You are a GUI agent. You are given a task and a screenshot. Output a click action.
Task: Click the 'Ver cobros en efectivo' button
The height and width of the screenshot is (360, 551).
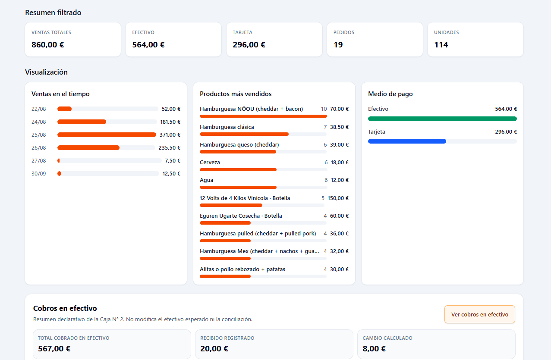click(x=479, y=314)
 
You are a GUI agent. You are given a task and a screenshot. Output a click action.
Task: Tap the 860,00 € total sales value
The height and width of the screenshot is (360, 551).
click(x=48, y=45)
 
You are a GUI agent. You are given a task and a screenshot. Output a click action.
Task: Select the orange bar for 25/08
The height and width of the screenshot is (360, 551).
click(x=107, y=135)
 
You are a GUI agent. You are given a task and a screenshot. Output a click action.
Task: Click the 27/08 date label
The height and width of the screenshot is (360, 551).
click(x=39, y=161)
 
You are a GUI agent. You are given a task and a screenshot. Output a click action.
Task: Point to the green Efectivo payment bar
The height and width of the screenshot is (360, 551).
click(x=442, y=119)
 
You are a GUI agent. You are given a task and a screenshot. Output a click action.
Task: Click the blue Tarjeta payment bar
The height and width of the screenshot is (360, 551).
click(x=407, y=141)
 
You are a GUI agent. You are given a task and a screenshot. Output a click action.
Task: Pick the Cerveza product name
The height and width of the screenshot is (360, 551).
click(x=210, y=163)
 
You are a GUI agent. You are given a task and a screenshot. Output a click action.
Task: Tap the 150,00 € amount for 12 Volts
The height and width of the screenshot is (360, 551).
click(x=338, y=198)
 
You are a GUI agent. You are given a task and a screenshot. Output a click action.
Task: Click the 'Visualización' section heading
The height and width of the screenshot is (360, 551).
click(x=46, y=72)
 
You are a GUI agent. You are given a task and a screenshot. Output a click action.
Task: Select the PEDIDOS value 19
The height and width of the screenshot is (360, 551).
click(x=338, y=45)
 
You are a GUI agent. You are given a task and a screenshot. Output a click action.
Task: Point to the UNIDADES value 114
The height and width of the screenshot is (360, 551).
click(x=441, y=45)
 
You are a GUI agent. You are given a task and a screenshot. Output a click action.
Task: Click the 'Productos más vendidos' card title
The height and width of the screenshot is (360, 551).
click(x=236, y=94)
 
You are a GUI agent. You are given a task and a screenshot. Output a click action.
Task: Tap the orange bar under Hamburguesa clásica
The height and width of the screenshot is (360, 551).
click(x=244, y=134)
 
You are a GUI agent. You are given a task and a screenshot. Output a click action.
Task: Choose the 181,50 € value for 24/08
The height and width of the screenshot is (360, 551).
click(x=170, y=122)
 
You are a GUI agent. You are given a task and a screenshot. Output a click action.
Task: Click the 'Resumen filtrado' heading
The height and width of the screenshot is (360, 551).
click(x=53, y=13)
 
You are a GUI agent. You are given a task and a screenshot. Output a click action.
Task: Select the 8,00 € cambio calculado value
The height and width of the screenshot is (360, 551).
click(x=374, y=348)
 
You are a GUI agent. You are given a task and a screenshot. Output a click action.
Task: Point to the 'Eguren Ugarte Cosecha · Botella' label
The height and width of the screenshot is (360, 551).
click(x=241, y=216)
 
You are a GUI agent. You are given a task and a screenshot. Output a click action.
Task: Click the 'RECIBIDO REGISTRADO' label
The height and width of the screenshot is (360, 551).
click(x=227, y=338)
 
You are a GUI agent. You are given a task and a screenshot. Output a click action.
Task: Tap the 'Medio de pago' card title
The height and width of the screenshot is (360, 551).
click(x=390, y=94)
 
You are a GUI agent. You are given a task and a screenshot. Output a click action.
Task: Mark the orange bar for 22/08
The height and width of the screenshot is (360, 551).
click(x=64, y=109)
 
